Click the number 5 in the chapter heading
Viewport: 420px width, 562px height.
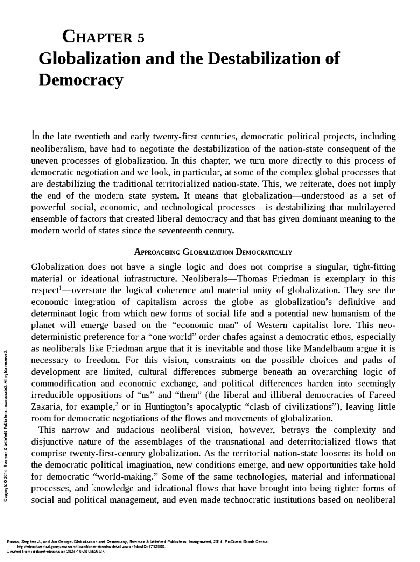pos(141,37)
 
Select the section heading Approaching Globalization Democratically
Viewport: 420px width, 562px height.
pos(213,252)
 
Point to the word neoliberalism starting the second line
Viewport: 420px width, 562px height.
pos(58,149)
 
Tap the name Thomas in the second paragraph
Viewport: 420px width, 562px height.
pos(252,279)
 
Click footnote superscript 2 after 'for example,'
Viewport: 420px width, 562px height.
pos(117,405)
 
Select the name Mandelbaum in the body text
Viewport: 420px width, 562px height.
pos(327,349)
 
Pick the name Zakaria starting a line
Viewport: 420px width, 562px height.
pos(43,407)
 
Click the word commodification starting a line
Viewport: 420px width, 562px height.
pos(63,384)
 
